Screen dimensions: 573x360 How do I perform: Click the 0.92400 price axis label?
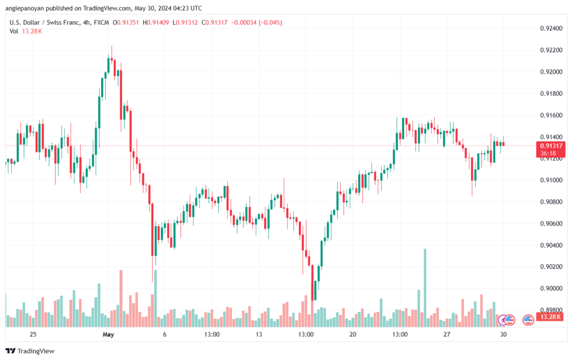[551, 29]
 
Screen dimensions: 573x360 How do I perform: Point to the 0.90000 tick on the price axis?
[551, 289]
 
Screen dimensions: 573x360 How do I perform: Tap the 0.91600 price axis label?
[551, 115]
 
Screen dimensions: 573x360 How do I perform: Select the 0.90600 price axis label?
[551, 224]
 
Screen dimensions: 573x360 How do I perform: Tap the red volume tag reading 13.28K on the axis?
[550, 317]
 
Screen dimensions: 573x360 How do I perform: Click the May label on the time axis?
[108, 334]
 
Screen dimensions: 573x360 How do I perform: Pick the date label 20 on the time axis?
[353, 334]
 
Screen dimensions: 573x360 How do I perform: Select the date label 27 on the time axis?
[447, 334]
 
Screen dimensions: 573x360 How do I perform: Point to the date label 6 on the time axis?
[165, 334]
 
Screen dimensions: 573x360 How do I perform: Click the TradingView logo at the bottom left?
[30, 351]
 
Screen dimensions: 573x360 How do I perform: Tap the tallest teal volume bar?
[425, 288]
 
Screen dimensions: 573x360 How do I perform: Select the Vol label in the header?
[13, 31]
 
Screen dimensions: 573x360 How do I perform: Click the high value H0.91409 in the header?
[156, 22]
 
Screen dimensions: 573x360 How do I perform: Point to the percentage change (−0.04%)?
[270, 22]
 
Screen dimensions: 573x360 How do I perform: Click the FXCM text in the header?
[101, 22]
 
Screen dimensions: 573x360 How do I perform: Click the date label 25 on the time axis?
[33, 334]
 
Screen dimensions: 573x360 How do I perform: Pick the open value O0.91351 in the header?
[126, 22]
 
